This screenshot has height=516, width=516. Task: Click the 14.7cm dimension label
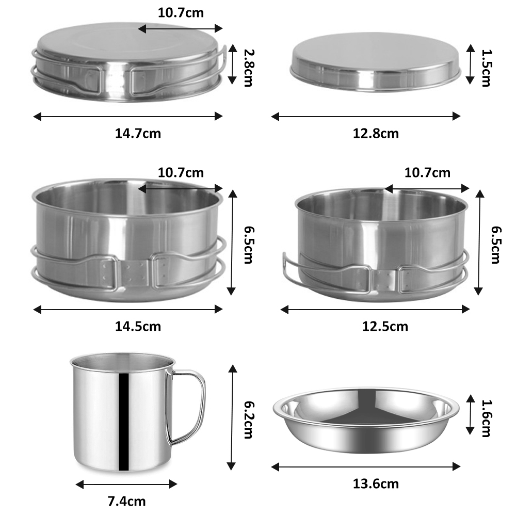[x=138, y=134]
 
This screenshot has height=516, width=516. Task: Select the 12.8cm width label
[x=376, y=134]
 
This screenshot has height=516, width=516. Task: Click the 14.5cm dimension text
[x=138, y=327]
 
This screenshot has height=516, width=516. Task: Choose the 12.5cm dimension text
[x=385, y=327]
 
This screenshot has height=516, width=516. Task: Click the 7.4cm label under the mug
[x=126, y=501]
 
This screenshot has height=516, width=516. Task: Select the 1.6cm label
[x=485, y=414]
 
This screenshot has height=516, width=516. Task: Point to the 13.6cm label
[x=376, y=484]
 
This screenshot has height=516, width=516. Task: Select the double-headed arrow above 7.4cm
[x=126, y=484]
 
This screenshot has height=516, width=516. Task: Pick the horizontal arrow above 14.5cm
[x=128, y=309]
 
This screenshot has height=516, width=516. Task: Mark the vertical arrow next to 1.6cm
[x=470, y=414]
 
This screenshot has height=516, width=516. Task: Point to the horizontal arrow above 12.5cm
[x=375, y=309]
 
